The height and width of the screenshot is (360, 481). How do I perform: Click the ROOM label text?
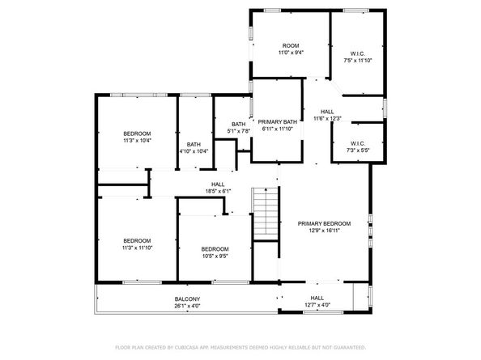(291, 45)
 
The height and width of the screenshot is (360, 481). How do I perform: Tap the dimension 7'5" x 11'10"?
(357, 61)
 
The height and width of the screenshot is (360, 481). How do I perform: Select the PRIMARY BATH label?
(277, 122)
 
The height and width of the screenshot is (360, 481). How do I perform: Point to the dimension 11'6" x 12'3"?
(327, 119)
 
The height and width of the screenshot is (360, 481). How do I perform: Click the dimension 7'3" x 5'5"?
(358, 150)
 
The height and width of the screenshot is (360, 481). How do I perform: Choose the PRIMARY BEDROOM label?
(324, 223)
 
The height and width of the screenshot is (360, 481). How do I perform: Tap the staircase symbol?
(266, 214)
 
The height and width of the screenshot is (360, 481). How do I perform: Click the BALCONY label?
(187, 299)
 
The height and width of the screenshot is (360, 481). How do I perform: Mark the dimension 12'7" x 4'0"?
(317, 305)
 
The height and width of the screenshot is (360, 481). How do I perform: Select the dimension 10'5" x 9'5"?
(215, 256)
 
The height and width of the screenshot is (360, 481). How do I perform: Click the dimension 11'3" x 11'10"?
(137, 248)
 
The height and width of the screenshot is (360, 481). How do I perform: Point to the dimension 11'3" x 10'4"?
(137, 141)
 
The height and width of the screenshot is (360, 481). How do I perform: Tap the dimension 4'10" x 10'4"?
(194, 151)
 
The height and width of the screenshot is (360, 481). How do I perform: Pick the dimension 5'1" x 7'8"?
(239, 131)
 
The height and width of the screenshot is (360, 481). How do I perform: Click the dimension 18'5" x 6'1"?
(218, 191)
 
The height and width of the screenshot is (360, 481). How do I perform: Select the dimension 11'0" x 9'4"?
(291, 53)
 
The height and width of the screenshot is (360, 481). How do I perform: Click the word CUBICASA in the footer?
(185, 347)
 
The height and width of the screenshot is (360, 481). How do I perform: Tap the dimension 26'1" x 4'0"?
(187, 306)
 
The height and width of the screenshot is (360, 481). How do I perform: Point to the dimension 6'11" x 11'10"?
(277, 129)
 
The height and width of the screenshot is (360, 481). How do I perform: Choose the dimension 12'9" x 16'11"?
(324, 231)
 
